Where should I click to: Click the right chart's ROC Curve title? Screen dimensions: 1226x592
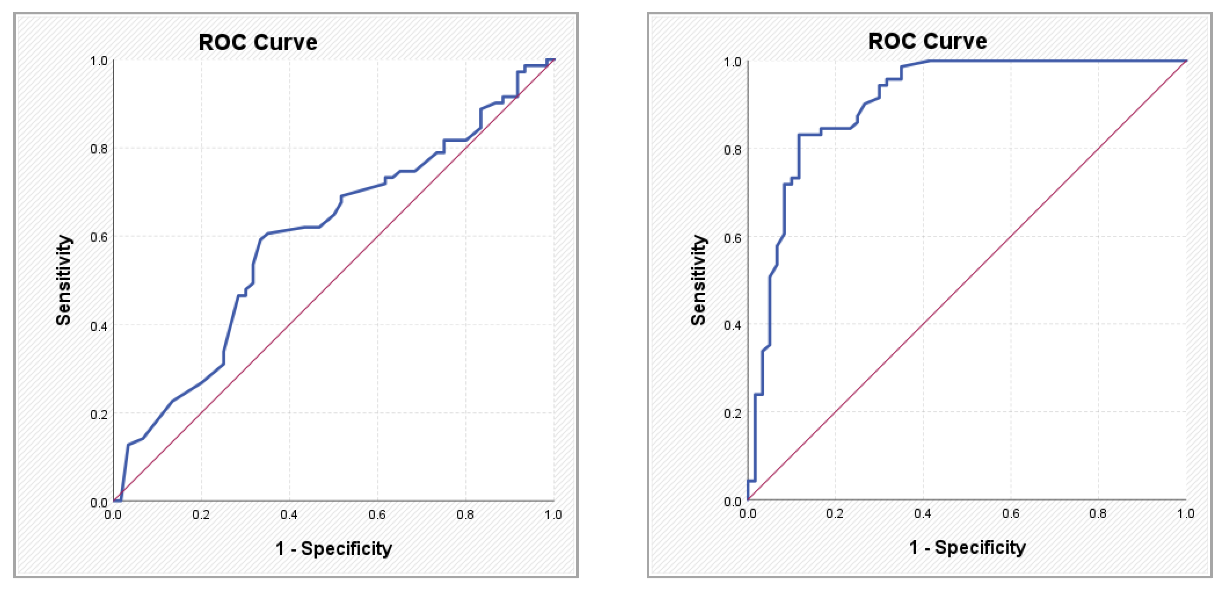click(x=928, y=41)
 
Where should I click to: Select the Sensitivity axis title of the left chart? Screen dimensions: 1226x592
click(x=64, y=280)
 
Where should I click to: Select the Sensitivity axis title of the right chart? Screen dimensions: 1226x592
click(x=698, y=280)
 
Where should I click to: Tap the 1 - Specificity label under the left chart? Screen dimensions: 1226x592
click(x=334, y=549)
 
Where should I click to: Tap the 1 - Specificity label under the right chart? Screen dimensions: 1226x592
click(x=968, y=548)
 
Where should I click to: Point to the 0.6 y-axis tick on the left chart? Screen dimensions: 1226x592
click(x=99, y=237)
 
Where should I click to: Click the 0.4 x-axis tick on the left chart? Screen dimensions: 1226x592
click(x=289, y=515)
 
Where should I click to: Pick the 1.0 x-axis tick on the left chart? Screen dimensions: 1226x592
click(x=553, y=515)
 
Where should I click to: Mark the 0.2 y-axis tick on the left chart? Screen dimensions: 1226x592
click(x=99, y=414)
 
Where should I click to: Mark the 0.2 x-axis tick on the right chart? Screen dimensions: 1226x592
click(x=835, y=513)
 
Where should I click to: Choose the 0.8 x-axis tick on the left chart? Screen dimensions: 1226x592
click(x=465, y=515)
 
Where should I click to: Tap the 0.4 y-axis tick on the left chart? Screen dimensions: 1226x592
click(x=99, y=326)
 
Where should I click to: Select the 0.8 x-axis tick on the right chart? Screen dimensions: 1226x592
click(x=1098, y=513)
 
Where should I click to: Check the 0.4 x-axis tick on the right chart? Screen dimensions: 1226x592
click(x=922, y=513)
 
